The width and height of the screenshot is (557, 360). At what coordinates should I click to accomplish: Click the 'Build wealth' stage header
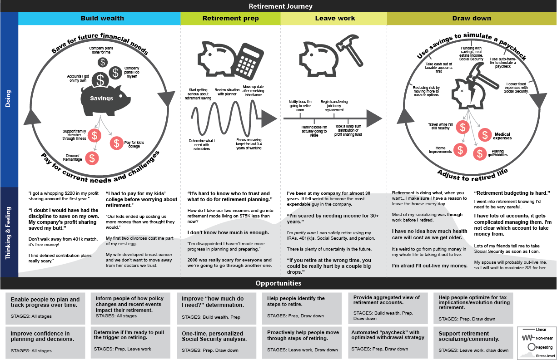tap(102, 19)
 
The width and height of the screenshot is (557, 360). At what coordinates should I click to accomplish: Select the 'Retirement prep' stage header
tap(230, 19)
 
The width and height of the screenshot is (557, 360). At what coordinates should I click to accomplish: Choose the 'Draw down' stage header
tap(471, 19)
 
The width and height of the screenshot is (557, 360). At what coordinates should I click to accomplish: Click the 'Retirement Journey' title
tap(280, 6)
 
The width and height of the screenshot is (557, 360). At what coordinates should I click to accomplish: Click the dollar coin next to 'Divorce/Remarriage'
tap(93, 158)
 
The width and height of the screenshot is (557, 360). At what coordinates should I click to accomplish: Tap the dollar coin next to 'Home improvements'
tap(461, 150)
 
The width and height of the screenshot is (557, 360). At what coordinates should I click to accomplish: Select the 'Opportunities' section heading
tap(278, 283)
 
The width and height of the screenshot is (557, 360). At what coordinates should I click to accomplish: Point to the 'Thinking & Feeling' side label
tap(9, 232)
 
